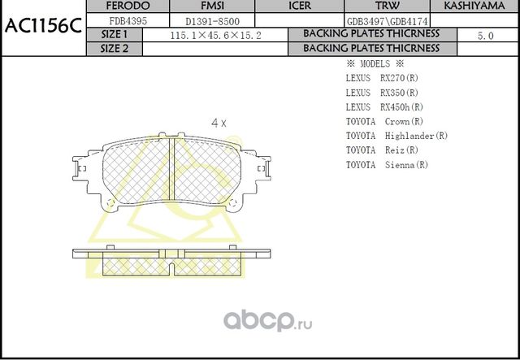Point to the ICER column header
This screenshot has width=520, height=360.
(300, 6)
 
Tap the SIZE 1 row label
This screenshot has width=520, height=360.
(115, 34)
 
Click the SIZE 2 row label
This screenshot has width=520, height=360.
(115, 48)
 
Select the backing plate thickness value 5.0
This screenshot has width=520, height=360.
(485, 36)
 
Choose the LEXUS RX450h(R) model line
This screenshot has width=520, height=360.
(383, 107)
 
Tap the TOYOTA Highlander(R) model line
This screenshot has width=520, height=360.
(396, 136)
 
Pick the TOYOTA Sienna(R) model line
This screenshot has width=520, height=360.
(387, 165)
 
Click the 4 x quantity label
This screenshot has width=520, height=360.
(219, 123)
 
